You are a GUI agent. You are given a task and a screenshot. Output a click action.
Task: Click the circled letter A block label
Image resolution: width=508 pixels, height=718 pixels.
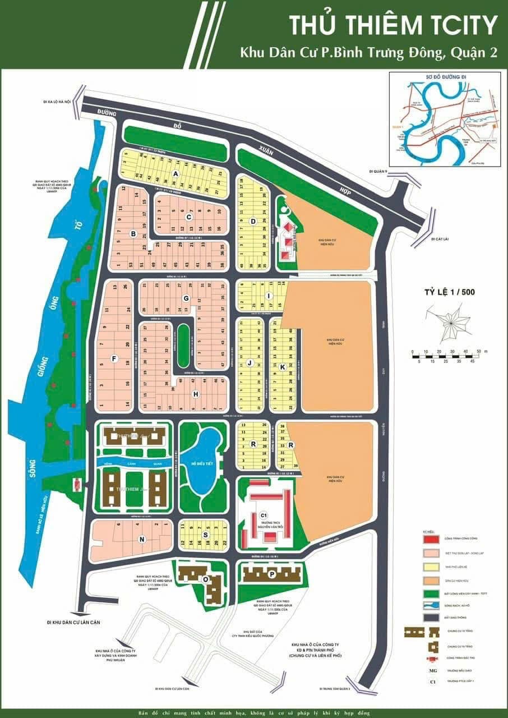click(x=175, y=174)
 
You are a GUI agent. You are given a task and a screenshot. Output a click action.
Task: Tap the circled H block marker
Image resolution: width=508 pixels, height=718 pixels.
click(x=196, y=394)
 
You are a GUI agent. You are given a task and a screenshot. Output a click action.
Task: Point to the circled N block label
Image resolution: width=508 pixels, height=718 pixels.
click(x=142, y=540)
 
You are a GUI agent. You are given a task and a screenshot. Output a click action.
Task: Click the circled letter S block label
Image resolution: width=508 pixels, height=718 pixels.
click(x=206, y=535)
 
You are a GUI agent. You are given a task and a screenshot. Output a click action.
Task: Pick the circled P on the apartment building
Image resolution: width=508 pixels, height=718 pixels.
click(x=271, y=574)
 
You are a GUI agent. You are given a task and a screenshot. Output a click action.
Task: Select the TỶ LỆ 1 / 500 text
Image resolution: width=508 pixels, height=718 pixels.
click(x=446, y=292)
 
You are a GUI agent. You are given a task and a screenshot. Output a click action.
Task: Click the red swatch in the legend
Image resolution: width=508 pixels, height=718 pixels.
click(x=431, y=539)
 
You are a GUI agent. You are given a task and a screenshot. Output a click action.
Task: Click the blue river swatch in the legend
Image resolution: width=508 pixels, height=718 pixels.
click(x=431, y=605)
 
